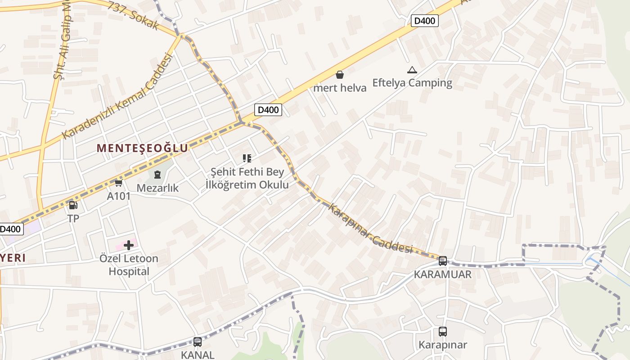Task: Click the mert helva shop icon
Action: click(340, 75)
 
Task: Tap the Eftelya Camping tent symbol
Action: click(412, 70)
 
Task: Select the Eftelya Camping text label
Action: click(412, 83)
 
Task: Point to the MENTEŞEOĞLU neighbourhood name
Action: click(142, 148)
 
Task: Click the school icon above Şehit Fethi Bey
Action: click(247, 158)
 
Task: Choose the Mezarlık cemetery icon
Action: click(157, 174)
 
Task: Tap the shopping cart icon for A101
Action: click(119, 183)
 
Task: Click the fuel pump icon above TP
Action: click(73, 206)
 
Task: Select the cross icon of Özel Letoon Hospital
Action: click(129, 245)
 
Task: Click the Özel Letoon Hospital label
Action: click(129, 265)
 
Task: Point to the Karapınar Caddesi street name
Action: click(371, 228)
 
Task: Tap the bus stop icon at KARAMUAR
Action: click(443, 261)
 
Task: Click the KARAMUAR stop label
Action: click(443, 274)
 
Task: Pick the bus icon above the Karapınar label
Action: click(443, 332)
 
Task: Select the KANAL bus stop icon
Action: click(198, 342)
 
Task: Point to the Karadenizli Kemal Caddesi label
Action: click(117, 96)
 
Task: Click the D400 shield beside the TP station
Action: click(10, 229)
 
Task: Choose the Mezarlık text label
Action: click(157, 188)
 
